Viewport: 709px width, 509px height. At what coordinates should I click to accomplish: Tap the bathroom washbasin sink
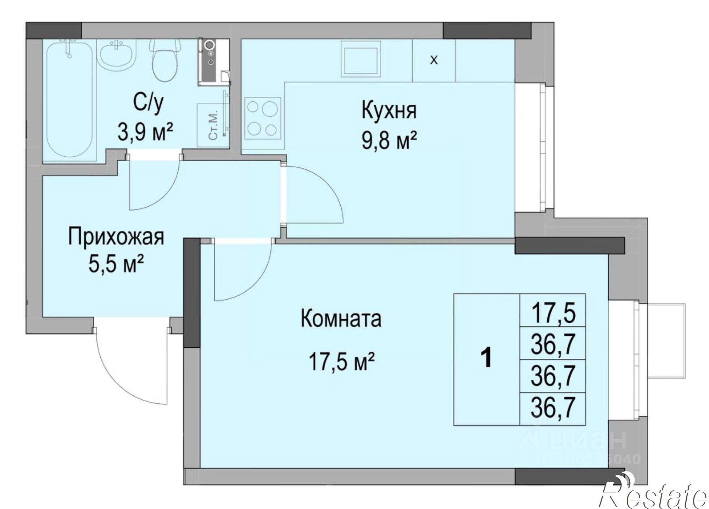[117, 55]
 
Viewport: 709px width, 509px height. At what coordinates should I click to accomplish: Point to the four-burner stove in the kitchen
[262, 119]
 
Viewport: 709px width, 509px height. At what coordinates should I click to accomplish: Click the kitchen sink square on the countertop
[361, 59]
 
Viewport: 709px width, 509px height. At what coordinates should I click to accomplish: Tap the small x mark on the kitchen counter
[434, 61]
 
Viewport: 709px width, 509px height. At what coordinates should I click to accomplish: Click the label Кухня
[389, 110]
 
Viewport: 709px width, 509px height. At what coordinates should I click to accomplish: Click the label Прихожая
[116, 236]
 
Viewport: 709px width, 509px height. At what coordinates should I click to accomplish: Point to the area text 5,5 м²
[116, 265]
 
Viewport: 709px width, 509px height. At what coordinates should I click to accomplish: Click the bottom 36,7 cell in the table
[553, 409]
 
